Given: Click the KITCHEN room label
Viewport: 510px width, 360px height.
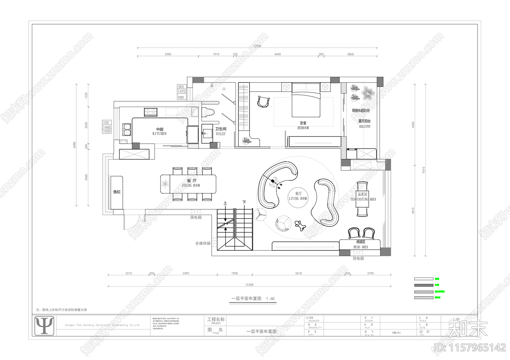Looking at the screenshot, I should pyautogui.click(x=159, y=133).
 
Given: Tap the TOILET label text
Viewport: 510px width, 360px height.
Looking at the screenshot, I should pyautogui.click(x=220, y=134).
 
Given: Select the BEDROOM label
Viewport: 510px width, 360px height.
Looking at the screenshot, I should pyautogui.click(x=303, y=128).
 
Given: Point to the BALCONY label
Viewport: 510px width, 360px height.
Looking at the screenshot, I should pyautogui.click(x=365, y=126).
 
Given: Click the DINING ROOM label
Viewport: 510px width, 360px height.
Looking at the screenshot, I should pyautogui.click(x=191, y=185).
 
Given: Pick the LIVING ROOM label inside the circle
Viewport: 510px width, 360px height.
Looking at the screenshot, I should pyautogui.click(x=298, y=198).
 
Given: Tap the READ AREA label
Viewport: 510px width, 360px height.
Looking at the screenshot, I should pyautogui.click(x=361, y=247).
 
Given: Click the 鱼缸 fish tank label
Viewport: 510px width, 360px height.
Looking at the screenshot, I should pyautogui.click(x=117, y=192).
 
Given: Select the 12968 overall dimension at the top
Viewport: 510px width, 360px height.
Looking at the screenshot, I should pyautogui.click(x=257, y=46).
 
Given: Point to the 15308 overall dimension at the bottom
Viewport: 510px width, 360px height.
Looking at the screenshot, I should pyautogui.click(x=249, y=285).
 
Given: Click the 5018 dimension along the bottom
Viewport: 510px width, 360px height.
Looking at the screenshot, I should pyautogui.click(x=298, y=273).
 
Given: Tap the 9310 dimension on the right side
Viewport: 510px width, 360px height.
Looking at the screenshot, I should pyautogui.click(x=424, y=170).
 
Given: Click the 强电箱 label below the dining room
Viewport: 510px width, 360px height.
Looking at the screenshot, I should pyautogui.click(x=196, y=217).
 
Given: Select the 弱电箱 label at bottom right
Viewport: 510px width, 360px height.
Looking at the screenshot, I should pyautogui.click(x=358, y=258).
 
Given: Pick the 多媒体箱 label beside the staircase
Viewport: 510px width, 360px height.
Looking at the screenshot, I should pyautogui.click(x=203, y=243).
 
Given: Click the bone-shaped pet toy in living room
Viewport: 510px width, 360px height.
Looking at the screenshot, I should pyautogui.click(x=300, y=225).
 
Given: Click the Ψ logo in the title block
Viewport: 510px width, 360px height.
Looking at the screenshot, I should pyautogui.click(x=44, y=325).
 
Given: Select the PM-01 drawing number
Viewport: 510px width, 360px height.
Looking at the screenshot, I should pyautogui.click(x=396, y=333).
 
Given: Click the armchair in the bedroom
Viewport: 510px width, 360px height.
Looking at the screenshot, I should pyautogui.click(x=263, y=102).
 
